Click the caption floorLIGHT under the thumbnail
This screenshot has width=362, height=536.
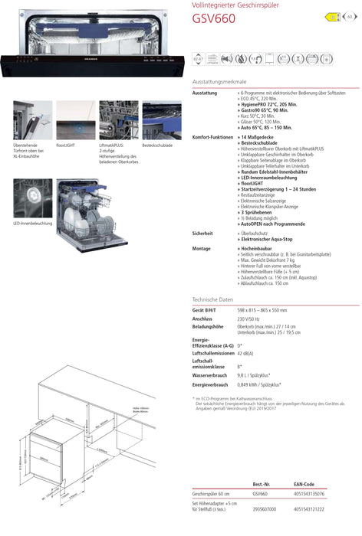pyautogui.click(x=66, y=144)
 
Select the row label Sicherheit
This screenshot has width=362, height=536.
pyautogui.click(x=202, y=232)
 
